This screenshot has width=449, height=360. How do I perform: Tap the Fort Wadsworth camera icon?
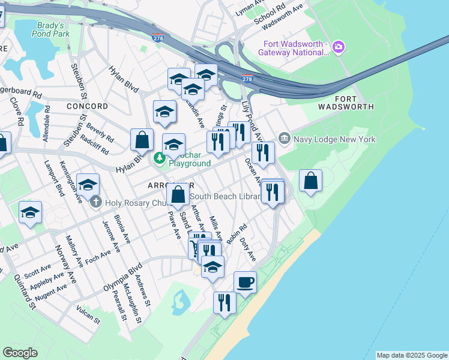coord(339,46)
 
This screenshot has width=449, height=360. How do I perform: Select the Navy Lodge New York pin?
coord(284,139)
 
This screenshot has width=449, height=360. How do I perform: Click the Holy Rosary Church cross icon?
coord(95,202)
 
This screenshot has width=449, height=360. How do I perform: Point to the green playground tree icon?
coord(160,158)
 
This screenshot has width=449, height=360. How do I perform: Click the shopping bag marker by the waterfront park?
coord(310,181)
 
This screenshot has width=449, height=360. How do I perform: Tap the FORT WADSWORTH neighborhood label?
coord(354,103)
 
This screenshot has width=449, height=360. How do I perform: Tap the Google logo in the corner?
coord(20,353)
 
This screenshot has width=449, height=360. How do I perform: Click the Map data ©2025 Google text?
coord(412,355)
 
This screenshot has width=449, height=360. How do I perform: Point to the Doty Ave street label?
coord(248,248)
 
